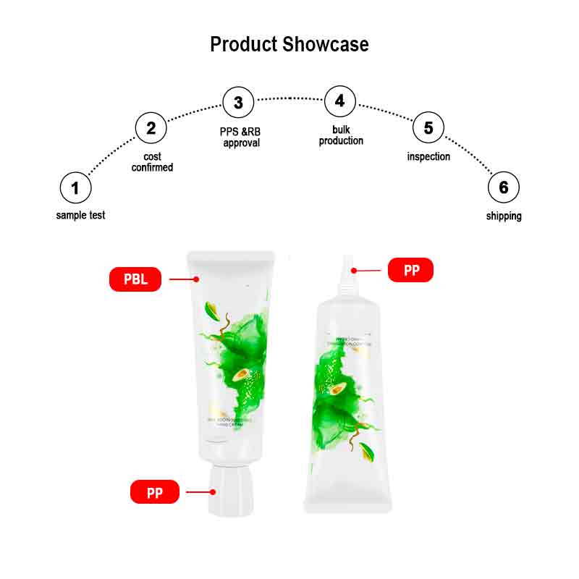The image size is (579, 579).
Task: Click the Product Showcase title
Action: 289,44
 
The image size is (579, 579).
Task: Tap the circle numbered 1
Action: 75,188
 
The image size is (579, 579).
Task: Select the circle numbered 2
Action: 151,128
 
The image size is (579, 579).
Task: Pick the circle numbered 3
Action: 238,103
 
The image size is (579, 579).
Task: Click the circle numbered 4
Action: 340,101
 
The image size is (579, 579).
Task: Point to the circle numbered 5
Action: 428,128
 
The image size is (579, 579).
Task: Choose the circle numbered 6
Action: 504,188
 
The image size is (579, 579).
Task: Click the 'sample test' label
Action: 80,215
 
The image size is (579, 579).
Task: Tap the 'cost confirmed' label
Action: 152,162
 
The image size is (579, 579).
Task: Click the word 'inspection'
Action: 428,156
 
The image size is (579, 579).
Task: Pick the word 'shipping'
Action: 504,216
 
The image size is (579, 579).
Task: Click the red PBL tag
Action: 135,279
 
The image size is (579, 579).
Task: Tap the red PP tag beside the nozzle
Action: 410,271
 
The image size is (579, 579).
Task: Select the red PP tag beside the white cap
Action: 154,493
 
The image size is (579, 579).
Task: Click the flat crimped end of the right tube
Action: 348,505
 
